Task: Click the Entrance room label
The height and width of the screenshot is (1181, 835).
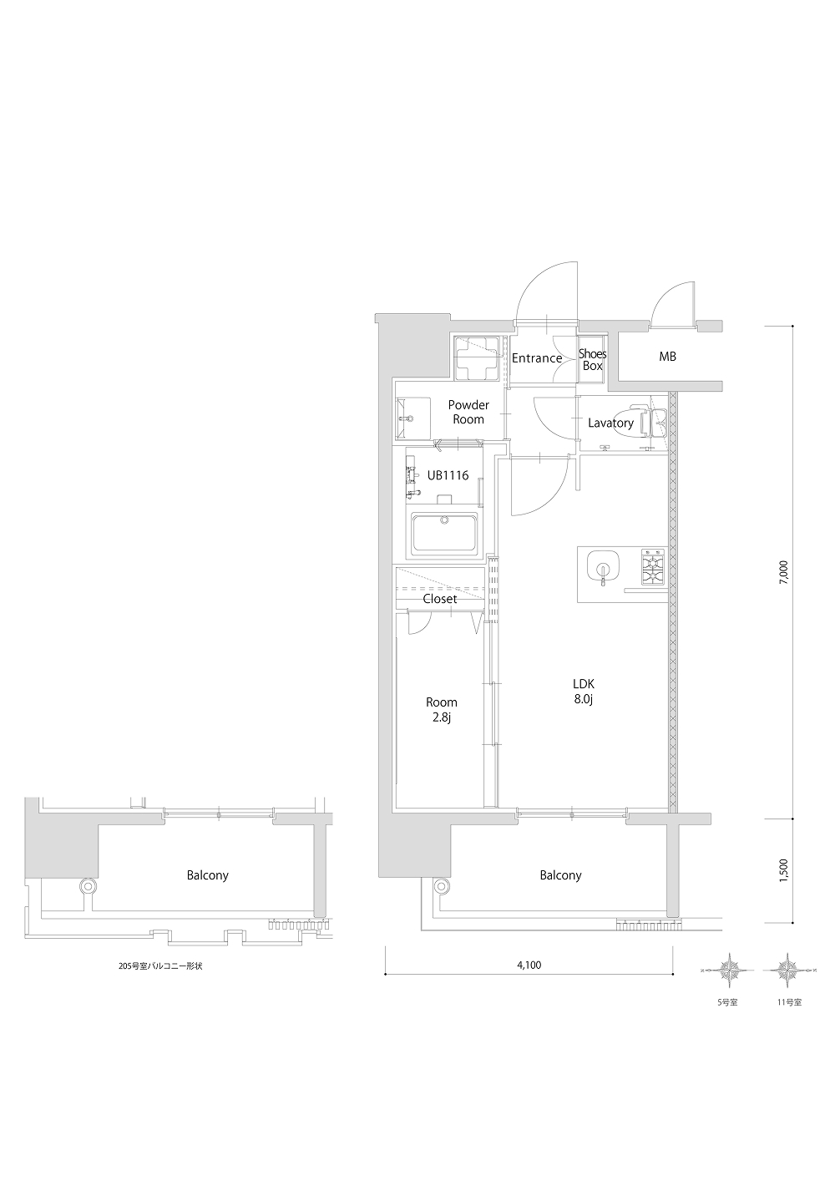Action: [537, 358]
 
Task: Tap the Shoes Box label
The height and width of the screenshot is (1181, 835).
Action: [593, 360]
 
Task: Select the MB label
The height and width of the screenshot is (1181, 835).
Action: [667, 357]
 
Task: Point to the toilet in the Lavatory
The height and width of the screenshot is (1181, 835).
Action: [647, 421]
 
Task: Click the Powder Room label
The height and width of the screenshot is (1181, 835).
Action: [468, 412]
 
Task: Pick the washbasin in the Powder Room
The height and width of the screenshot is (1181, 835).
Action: [405, 419]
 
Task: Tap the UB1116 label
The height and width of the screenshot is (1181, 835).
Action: [448, 475]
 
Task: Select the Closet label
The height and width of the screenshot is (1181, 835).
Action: [440, 599]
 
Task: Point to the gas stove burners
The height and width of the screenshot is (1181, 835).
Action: [653, 567]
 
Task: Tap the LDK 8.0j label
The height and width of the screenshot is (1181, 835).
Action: [584, 692]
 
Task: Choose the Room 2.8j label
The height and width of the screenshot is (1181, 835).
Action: [441, 710]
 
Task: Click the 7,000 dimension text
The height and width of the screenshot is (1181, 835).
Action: [783, 573]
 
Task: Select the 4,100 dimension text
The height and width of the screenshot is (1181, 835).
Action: [529, 966]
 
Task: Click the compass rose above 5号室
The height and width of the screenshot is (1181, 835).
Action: [731, 969]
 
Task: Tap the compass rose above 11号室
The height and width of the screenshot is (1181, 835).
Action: [787, 969]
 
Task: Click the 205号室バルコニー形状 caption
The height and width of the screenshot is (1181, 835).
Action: [161, 966]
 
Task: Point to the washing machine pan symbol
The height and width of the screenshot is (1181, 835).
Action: [477, 359]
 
